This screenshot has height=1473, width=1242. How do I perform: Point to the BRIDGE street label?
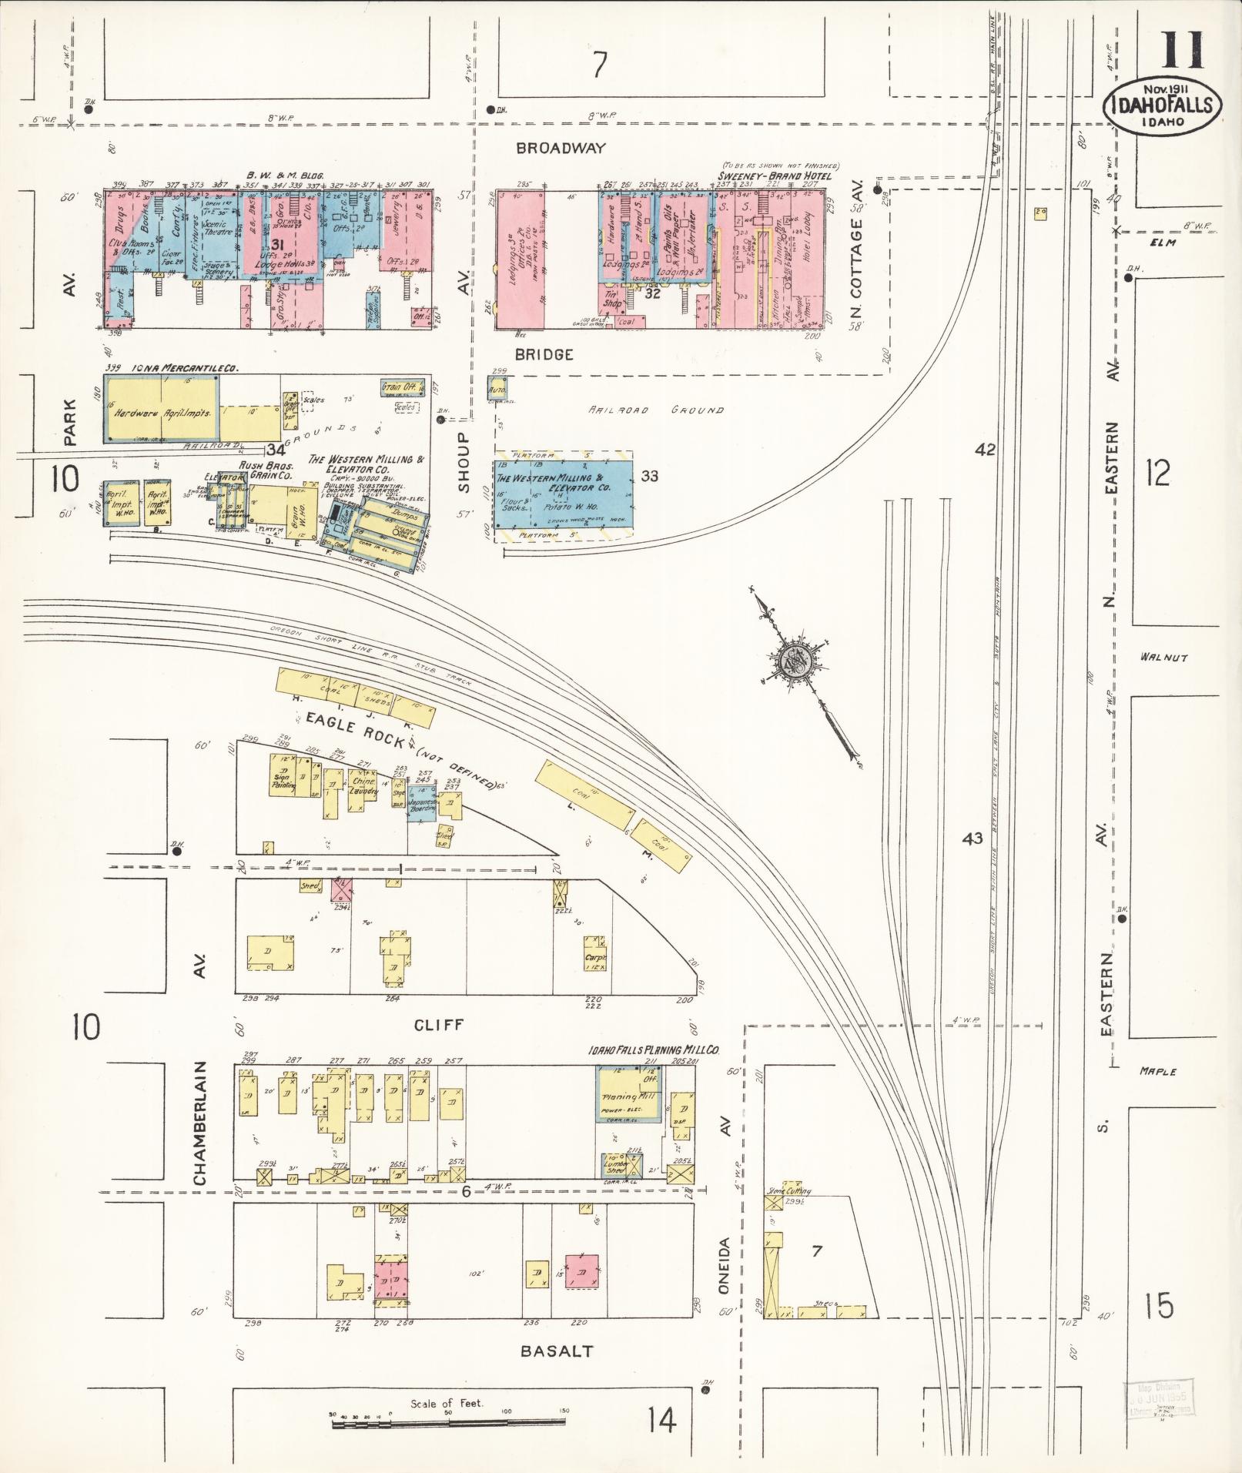point(544,354)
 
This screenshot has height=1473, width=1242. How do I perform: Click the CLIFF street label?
point(438,1025)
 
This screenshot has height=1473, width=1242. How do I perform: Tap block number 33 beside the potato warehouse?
point(649,476)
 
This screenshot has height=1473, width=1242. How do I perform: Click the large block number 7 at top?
point(599,65)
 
